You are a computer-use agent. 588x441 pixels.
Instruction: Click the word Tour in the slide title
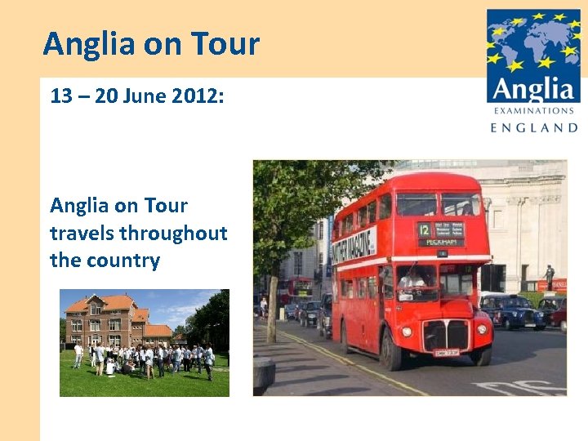225,43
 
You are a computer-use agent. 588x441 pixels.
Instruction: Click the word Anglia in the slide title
90,43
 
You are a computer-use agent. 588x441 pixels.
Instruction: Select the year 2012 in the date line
190,96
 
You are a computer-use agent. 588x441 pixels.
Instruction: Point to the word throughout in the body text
173,234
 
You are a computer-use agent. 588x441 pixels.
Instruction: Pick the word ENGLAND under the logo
534,127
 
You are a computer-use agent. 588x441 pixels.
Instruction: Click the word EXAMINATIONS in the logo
533,110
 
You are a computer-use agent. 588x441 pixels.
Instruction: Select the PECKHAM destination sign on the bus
441,242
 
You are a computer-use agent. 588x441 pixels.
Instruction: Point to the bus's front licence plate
445,353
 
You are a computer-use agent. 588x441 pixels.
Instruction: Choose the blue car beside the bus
513,311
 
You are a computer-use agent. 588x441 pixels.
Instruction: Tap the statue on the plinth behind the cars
550,274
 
